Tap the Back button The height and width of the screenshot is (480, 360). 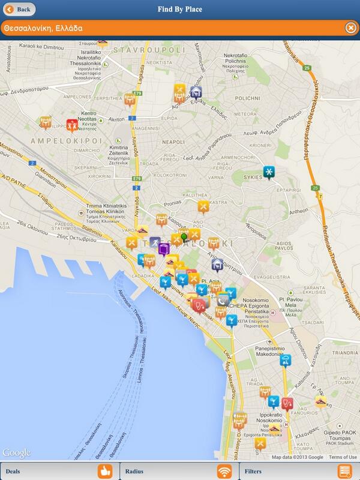point(18,10)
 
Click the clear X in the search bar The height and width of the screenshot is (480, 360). point(350,28)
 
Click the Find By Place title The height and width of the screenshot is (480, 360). point(179,10)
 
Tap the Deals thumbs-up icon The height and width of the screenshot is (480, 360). point(105,471)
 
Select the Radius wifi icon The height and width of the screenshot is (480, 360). point(224,471)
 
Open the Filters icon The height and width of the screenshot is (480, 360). point(344,471)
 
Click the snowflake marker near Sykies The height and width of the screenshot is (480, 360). point(270,172)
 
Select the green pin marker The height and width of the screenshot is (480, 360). point(184,238)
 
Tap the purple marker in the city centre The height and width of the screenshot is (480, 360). point(164,248)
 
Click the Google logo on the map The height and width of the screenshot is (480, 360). point(16,452)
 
